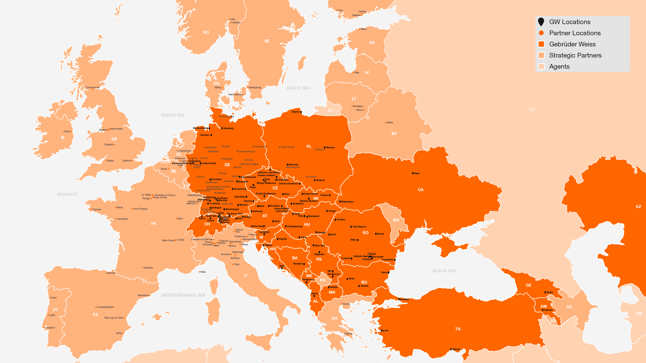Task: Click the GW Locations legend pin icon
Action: (541, 22)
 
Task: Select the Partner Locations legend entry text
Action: (575, 33)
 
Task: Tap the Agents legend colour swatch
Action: (541, 66)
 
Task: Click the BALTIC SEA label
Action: (298, 88)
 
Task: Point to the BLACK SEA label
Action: (444, 271)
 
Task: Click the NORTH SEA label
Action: (173, 115)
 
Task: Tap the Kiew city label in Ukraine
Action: (417, 173)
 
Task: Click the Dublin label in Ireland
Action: (67, 131)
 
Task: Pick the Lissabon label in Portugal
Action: (50, 328)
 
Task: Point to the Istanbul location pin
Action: (399, 299)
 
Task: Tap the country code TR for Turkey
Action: (458, 329)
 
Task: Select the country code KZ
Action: (638, 207)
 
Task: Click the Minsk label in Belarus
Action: (390, 122)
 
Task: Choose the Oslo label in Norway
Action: (233, 19)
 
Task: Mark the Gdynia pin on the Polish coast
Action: (301, 112)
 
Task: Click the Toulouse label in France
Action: (148, 268)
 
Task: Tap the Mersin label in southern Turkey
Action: (456, 349)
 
